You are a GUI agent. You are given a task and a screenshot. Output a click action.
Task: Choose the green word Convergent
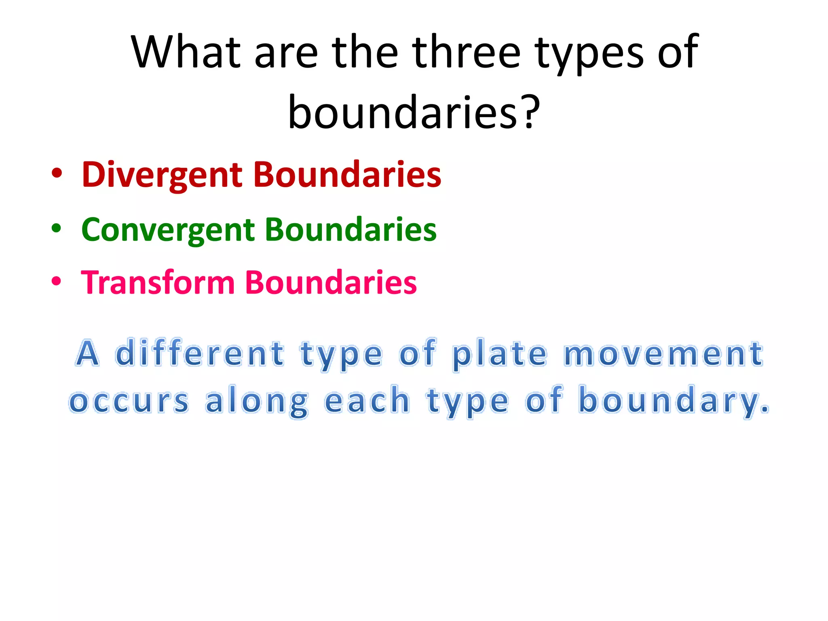point(168,230)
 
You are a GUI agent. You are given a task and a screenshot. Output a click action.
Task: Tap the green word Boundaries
point(351,229)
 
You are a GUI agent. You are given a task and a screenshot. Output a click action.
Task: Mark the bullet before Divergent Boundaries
point(57,174)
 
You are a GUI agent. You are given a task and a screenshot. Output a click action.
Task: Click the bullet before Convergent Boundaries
point(57,228)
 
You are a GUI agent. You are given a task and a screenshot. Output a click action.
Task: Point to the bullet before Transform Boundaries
point(57,281)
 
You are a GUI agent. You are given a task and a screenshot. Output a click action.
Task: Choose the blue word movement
point(663,354)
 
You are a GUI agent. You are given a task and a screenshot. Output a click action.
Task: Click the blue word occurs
point(129,401)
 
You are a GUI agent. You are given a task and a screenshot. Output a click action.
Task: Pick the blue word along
point(257,401)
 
